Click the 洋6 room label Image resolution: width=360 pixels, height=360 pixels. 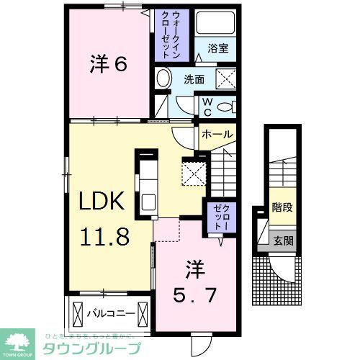coord(109,64)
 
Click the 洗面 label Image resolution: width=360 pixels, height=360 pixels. coord(194,80)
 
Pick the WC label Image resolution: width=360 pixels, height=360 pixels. coord(207,107)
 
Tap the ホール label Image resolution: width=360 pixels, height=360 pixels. coord(217,135)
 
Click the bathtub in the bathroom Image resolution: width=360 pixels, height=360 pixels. coord(219,24)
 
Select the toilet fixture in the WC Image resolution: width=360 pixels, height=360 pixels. coord(226,107)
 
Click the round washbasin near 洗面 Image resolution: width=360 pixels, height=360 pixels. coord(163,78)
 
